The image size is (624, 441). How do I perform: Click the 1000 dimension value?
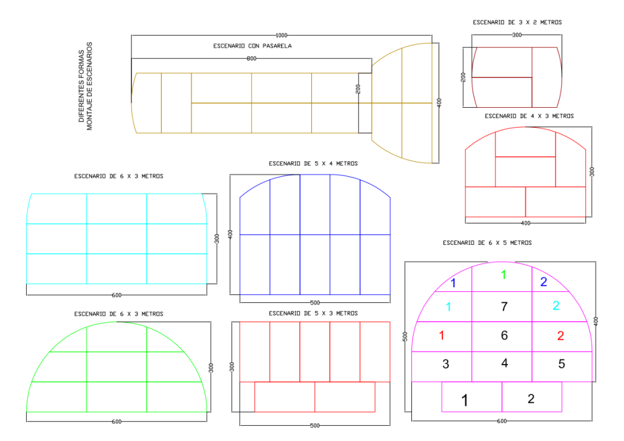tap(282, 35)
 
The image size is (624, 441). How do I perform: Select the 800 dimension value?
tap(251, 58)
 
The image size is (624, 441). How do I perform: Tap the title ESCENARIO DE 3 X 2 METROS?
tap(517, 22)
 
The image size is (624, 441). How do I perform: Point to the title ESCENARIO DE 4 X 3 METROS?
tap(529, 116)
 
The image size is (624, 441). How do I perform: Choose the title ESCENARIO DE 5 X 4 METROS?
tap(313, 164)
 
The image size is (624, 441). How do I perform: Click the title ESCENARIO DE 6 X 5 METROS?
tap(487, 243)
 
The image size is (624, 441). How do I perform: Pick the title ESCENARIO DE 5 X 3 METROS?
tap(313, 313)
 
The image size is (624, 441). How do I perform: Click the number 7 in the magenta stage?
tap(503, 307)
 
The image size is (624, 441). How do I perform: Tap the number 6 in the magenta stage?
tap(504, 335)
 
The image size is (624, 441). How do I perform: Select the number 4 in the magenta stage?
tap(505, 363)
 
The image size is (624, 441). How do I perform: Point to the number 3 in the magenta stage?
tap(446, 364)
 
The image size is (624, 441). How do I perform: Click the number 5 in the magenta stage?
tap(562, 364)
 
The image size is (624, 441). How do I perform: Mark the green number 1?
tap(503, 275)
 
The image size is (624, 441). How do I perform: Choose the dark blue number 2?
tap(543, 282)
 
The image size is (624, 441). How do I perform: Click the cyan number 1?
tap(448, 307)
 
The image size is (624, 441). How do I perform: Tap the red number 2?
tap(560, 336)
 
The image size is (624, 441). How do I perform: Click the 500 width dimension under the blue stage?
tap(314, 302)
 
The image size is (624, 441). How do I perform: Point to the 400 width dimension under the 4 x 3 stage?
tap(525, 223)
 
